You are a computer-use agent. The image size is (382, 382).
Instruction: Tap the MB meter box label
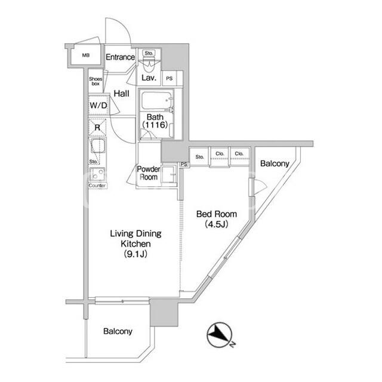(86, 56)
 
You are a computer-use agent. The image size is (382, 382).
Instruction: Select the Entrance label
(120, 57)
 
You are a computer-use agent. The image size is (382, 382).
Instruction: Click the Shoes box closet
(95, 81)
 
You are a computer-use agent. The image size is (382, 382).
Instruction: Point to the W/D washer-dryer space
(98, 105)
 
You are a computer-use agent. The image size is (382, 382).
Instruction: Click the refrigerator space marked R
(97, 127)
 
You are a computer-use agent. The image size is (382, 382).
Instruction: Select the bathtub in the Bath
(156, 101)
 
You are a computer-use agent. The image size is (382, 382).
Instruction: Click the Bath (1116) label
(155, 121)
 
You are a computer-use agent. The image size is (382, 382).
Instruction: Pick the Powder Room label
(149, 172)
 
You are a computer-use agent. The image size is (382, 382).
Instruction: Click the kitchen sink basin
(98, 146)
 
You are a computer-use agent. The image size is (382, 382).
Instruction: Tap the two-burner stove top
(97, 174)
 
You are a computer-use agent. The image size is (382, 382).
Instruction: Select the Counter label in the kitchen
(97, 186)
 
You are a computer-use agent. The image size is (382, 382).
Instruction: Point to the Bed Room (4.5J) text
(216, 219)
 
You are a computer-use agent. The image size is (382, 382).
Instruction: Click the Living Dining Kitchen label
(135, 244)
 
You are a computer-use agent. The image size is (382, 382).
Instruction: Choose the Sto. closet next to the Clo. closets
(199, 157)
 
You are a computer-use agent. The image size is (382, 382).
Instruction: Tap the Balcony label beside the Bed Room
(275, 164)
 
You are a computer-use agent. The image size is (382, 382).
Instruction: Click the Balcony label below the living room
(118, 331)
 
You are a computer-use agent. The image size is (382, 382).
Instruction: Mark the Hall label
(122, 93)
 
